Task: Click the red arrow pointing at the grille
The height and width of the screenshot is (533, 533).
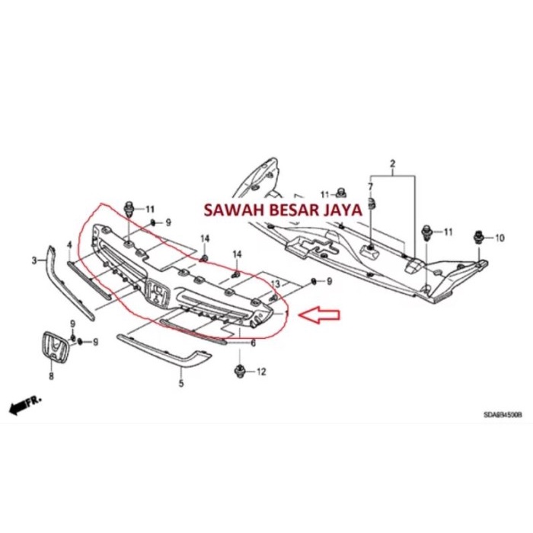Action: pos(321,313)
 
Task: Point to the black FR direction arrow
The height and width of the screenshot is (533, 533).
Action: pos(24,404)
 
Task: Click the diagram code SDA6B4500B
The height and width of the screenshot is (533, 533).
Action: pos(503,416)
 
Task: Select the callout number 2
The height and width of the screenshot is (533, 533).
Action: pos(393,164)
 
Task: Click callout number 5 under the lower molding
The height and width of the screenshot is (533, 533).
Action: pos(181,383)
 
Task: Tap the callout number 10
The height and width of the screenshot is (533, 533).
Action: pos(499,238)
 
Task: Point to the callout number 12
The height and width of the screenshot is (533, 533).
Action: pos(262,372)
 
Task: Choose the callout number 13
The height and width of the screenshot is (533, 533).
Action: pos(275,283)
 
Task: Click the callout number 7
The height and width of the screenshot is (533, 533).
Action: pos(371,187)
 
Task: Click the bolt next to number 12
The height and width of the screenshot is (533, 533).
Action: pos(238,372)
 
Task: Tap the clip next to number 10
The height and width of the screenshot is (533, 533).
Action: pos(479,236)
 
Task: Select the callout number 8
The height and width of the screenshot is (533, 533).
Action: pos(51,375)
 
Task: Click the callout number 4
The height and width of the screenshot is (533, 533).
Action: pos(69,245)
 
